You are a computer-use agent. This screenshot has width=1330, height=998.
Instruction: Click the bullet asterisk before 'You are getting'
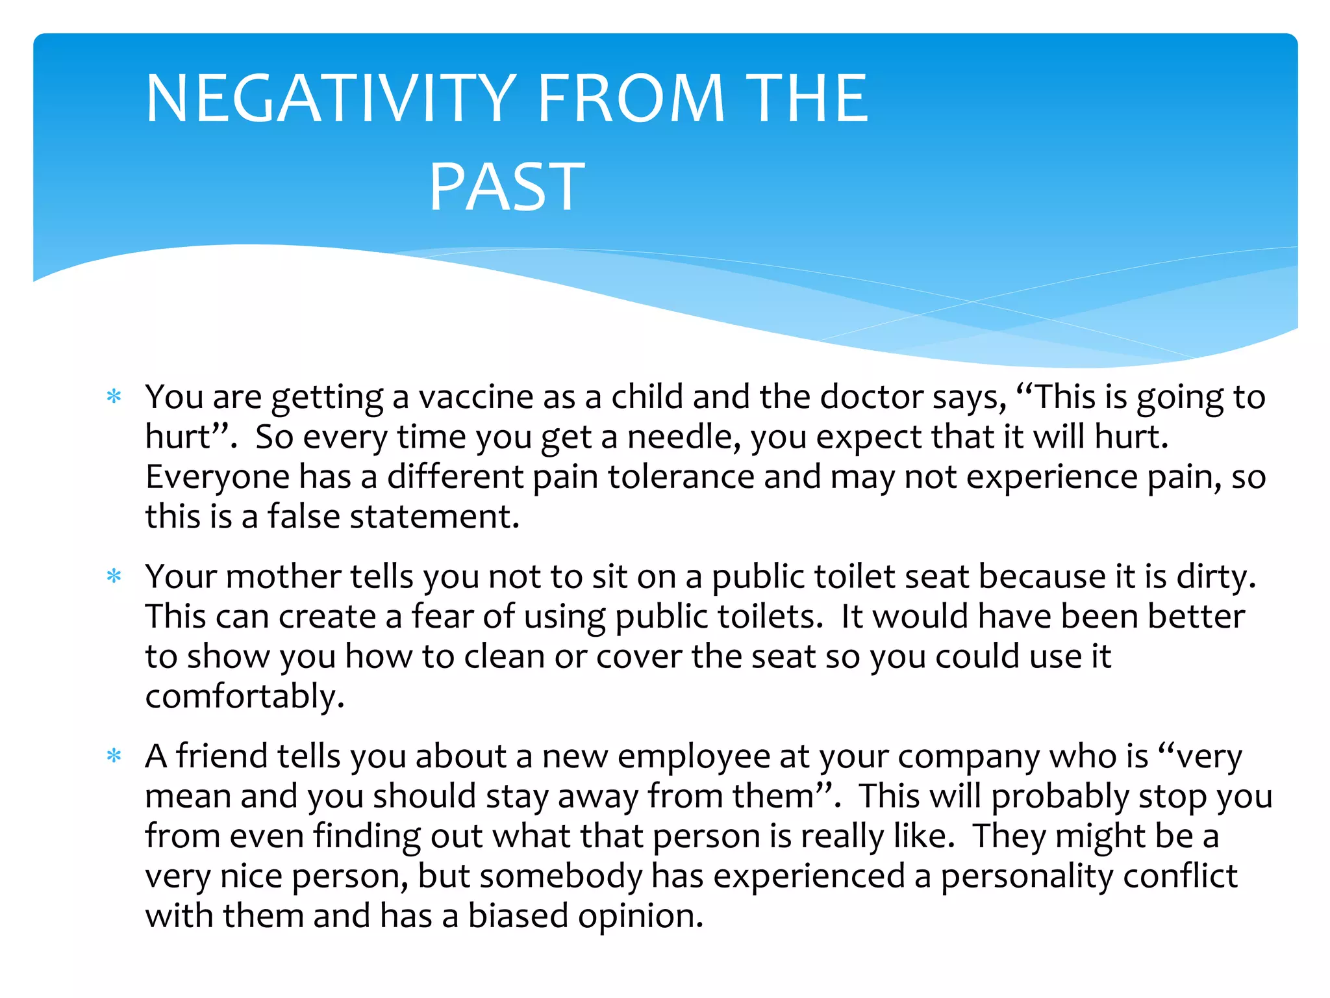114,396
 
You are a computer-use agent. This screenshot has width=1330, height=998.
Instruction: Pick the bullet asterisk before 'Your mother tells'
114,576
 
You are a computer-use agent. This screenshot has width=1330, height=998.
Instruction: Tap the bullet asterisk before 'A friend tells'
114,756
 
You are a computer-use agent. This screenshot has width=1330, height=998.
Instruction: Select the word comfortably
244,697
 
